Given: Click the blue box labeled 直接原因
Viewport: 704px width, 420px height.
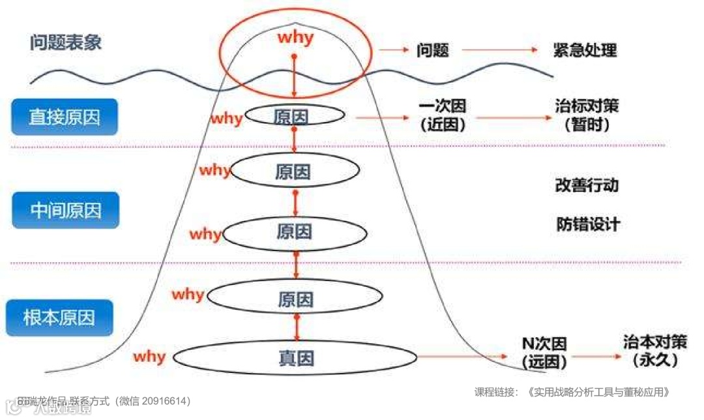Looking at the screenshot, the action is click(64, 117).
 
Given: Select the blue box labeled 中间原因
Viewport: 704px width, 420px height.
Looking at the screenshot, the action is click(65, 210).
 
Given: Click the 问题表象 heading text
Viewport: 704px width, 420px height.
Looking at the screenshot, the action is click(66, 43).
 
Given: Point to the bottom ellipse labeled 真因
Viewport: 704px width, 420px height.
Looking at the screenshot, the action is click(295, 357).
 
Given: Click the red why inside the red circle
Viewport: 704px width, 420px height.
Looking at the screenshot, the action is click(295, 38).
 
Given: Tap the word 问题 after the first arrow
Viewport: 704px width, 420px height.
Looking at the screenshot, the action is click(433, 50).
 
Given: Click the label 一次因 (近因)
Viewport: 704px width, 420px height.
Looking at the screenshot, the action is click(443, 115).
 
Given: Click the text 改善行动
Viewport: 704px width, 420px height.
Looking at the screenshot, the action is click(587, 185).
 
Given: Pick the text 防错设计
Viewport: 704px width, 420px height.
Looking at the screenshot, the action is click(588, 224).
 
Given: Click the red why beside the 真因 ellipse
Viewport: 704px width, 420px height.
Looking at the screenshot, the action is click(149, 357).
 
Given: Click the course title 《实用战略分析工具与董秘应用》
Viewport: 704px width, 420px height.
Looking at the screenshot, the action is click(599, 392).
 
